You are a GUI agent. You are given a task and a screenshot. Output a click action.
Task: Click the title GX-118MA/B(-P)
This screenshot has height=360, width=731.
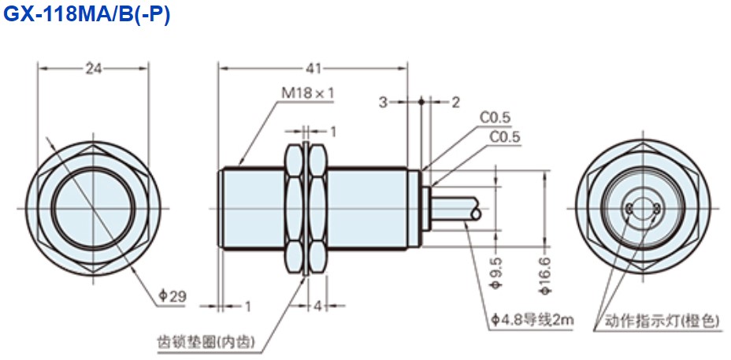click(x=86, y=16)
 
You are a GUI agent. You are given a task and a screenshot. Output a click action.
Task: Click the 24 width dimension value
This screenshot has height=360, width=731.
click(x=94, y=69)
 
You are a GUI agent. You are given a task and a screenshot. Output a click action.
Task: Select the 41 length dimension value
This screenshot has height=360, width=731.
click(x=314, y=69)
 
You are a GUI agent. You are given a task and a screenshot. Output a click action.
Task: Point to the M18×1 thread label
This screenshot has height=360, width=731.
click(x=308, y=93)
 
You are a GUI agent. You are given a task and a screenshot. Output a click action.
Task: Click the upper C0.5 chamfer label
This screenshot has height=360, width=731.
click(x=495, y=118)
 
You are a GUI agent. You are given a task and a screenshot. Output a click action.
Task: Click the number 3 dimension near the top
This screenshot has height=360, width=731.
click(x=382, y=102)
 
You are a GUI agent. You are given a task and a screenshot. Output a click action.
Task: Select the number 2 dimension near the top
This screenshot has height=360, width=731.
click(x=455, y=102)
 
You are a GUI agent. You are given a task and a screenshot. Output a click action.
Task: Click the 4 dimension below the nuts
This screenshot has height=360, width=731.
click(x=318, y=305)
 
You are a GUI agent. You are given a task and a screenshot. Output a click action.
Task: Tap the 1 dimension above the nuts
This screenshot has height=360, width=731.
click(x=333, y=130)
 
